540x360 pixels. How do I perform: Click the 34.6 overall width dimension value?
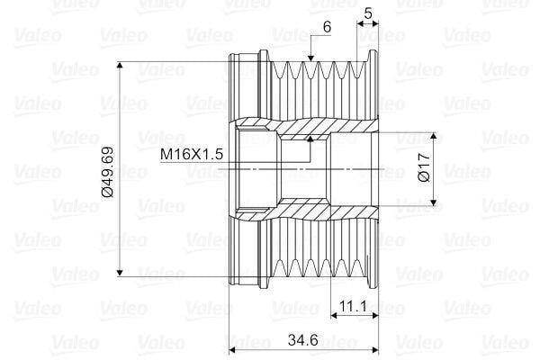pos(301,340)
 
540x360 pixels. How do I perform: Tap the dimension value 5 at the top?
pos(368,13)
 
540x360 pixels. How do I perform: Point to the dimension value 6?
pos(326,29)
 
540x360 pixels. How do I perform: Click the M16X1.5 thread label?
pos(191,155)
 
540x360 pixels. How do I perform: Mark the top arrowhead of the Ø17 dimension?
pos(434,138)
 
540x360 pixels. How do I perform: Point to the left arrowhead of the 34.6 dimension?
pos(237,350)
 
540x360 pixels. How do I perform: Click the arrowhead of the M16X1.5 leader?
pos(310,139)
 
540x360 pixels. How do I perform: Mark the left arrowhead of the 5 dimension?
pos(361,24)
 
